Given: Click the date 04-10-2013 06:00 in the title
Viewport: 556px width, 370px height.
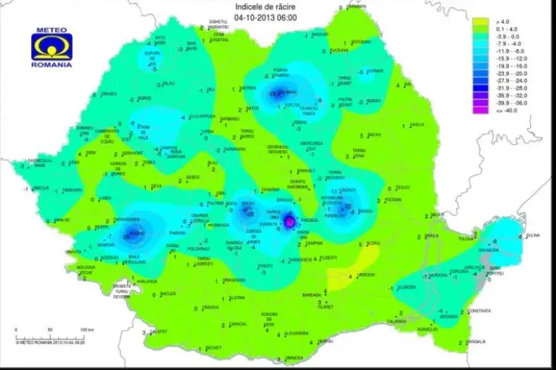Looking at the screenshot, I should (x=276, y=16).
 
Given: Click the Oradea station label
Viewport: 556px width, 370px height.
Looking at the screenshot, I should (x=110, y=94).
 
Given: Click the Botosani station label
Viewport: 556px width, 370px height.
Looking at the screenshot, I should (x=362, y=42).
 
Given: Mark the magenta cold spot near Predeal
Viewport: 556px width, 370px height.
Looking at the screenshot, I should (x=289, y=220).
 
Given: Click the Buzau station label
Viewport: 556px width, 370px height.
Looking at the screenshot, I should (x=377, y=243).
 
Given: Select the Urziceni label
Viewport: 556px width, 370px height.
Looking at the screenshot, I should (x=367, y=275).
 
